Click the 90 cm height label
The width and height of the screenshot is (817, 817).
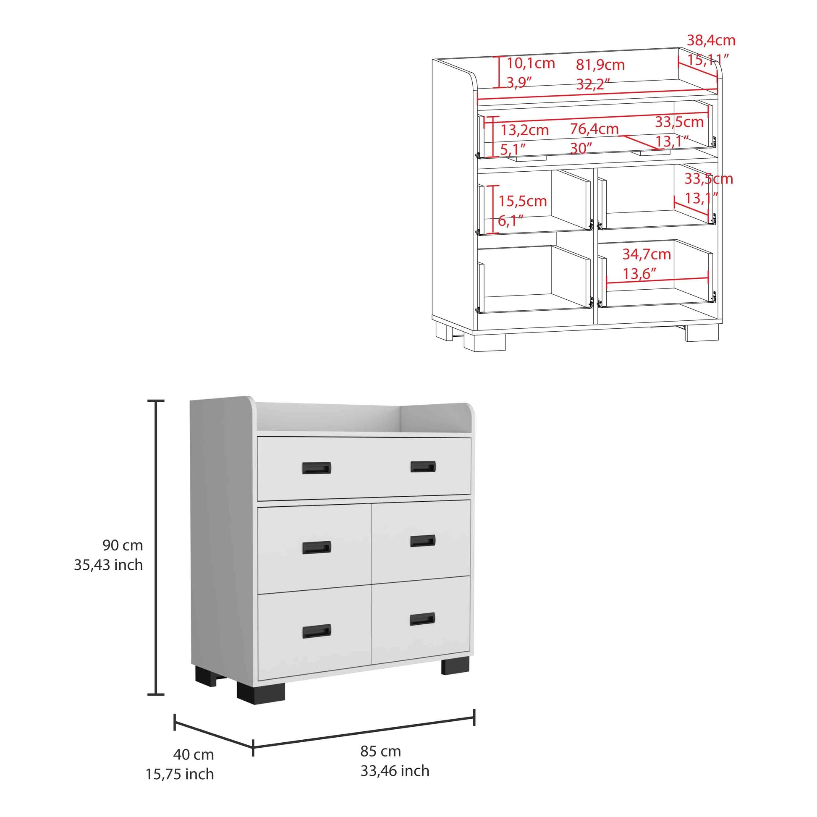123,545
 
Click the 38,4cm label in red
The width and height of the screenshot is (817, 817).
711,41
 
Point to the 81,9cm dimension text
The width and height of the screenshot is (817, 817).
600,65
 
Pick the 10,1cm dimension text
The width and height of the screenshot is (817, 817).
530,63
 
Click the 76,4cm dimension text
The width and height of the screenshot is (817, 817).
594,128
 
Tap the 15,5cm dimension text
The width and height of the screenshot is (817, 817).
523,201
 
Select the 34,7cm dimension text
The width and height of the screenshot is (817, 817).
647,254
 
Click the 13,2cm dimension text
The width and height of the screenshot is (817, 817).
524,130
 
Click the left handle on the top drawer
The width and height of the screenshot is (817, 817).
316,468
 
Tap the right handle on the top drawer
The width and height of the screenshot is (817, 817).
423,466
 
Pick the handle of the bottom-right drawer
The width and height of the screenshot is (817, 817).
422,619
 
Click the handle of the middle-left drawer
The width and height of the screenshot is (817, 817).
316,547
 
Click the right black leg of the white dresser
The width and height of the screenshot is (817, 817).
456,665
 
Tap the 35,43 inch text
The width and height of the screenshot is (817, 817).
108,565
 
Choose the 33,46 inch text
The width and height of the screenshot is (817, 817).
395,771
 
